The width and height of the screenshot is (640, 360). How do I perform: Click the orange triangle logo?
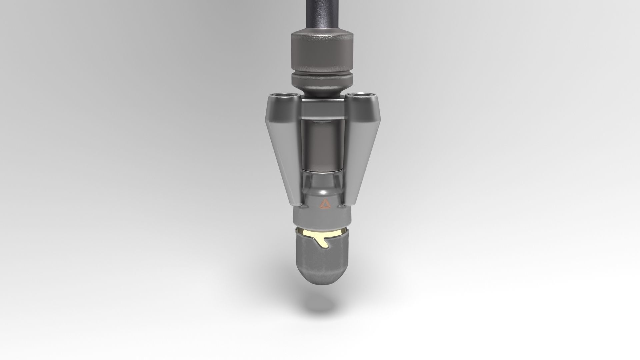click(x=323, y=204)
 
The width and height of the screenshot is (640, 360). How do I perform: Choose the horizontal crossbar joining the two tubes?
click(x=322, y=106)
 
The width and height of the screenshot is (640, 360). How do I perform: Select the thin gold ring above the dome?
click(x=322, y=230)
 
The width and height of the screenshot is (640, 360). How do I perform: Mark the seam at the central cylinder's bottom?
click(x=322, y=171)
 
